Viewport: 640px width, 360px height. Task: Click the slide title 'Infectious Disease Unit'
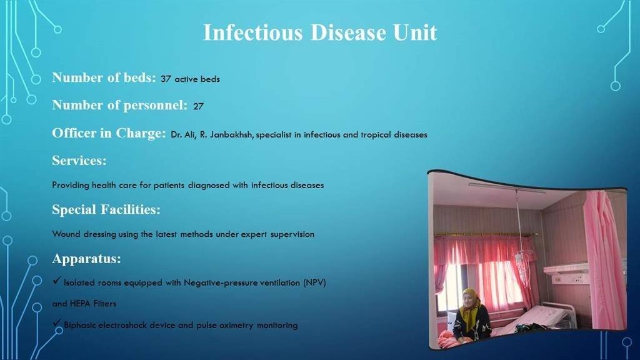point(319,32)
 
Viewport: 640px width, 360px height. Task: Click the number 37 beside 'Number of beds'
point(166,79)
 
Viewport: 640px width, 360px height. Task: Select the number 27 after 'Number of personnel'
point(198,106)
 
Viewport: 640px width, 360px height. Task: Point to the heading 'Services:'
point(79,161)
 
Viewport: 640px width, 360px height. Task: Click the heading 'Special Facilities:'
point(106,209)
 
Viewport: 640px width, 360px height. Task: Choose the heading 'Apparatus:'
point(86,258)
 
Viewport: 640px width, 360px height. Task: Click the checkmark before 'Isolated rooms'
point(56,282)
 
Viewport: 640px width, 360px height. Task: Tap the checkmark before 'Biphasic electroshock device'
point(56,324)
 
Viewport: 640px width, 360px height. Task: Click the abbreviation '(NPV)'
point(314,282)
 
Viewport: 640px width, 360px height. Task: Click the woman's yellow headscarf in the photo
point(470,303)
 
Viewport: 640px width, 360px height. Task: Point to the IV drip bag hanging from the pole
point(518,257)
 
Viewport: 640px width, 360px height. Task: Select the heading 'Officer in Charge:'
point(109,133)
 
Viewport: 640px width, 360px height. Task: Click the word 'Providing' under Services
point(71,186)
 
